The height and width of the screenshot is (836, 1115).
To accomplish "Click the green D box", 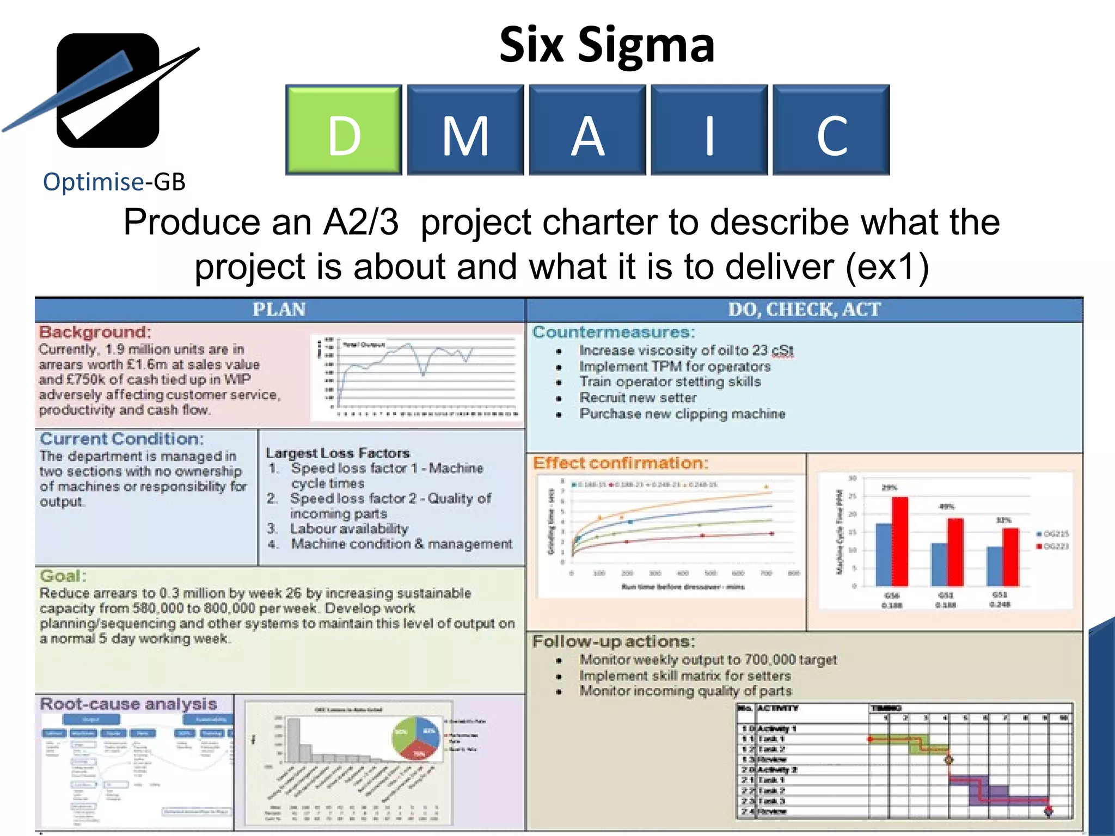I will [x=344, y=130].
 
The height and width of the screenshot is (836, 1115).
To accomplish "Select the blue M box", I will [x=465, y=130].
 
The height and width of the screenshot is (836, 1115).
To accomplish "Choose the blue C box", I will [x=831, y=130].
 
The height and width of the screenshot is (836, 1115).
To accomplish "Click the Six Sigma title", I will [x=606, y=45].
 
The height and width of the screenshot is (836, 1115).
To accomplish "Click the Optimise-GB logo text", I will [x=114, y=182].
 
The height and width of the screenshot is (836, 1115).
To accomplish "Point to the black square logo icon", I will [x=108, y=90].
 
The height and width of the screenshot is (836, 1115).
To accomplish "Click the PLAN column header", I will [x=279, y=310].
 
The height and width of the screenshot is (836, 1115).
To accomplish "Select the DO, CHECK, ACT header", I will [x=804, y=310].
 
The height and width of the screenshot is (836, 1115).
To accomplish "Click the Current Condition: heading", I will [x=122, y=439].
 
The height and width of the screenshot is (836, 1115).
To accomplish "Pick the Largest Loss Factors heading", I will [x=338, y=453].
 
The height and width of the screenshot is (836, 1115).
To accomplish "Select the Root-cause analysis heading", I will [x=128, y=704].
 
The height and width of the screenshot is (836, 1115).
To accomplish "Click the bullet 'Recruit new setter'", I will [x=638, y=398].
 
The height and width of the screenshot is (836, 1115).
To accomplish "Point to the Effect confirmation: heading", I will [x=621, y=463].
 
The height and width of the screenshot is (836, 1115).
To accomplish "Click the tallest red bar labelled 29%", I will [x=899, y=540].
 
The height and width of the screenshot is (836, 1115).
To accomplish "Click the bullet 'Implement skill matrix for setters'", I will [x=685, y=675].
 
